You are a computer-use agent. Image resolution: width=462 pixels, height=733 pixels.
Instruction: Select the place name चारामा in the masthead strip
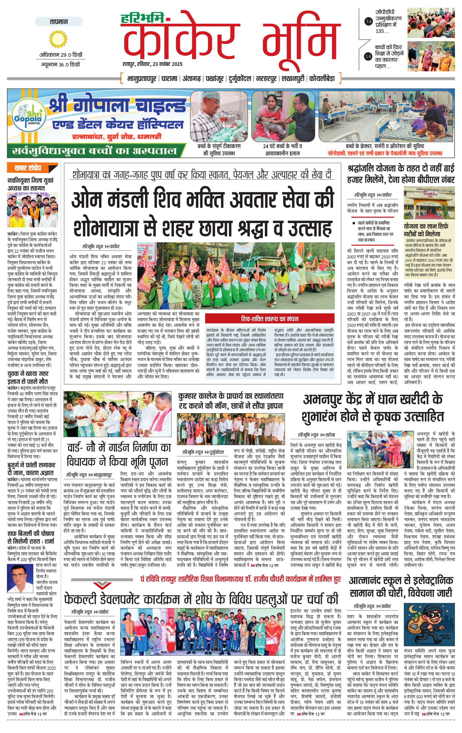[169, 78]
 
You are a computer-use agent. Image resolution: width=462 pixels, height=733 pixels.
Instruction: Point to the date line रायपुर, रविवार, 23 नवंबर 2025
[152, 64]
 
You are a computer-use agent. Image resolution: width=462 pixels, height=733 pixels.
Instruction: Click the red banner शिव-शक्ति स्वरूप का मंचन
[270, 319]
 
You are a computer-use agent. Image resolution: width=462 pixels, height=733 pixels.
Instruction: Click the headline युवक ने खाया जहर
[28, 373]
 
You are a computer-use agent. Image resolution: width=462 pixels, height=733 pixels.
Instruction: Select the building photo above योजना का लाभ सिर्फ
[429, 202]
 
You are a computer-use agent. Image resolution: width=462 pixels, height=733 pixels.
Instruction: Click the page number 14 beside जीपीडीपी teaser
[369, 21]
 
